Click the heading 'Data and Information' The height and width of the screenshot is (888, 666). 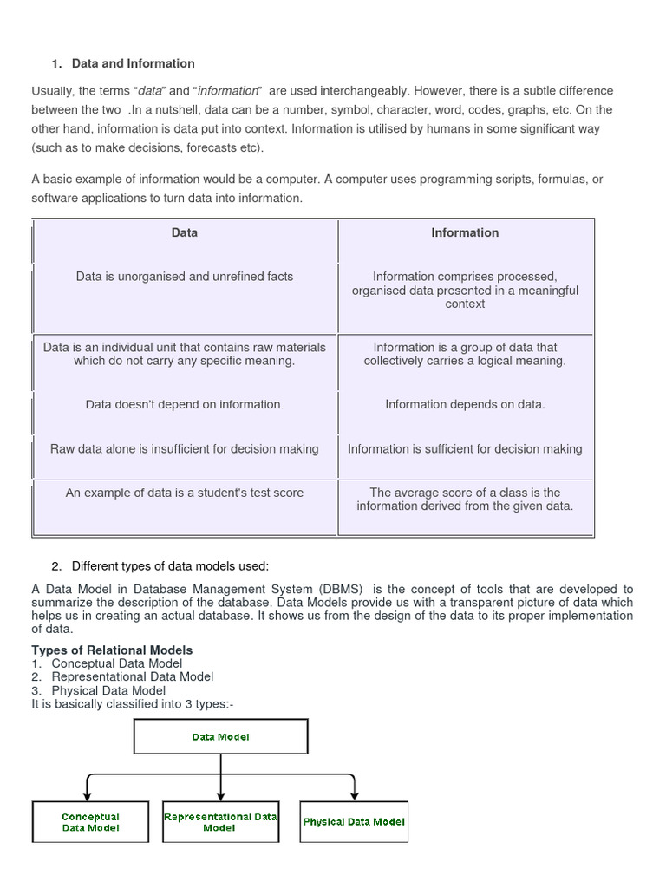click(x=133, y=63)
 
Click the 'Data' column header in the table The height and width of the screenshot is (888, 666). click(x=185, y=232)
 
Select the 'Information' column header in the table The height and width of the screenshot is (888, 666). click(x=465, y=232)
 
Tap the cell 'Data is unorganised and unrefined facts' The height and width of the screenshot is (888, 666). click(x=185, y=277)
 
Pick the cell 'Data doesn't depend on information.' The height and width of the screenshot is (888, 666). click(x=185, y=404)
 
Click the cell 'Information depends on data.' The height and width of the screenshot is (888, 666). click(x=465, y=404)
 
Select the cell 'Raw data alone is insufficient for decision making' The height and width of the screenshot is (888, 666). click(x=185, y=449)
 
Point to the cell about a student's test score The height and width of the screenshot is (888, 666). click(x=185, y=493)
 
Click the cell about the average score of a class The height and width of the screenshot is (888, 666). click(x=465, y=499)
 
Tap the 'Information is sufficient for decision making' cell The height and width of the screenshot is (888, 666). click(x=465, y=449)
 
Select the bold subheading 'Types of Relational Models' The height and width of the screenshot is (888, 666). click(x=112, y=650)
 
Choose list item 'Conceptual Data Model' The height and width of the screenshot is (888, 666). click(x=117, y=663)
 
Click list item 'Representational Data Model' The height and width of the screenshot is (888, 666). click(x=133, y=676)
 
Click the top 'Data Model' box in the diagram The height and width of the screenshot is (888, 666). click(x=220, y=736)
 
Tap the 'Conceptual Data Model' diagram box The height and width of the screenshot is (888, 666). click(x=90, y=822)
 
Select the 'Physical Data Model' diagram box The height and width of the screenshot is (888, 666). click(x=354, y=821)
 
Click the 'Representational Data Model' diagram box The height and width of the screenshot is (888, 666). click(x=220, y=822)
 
